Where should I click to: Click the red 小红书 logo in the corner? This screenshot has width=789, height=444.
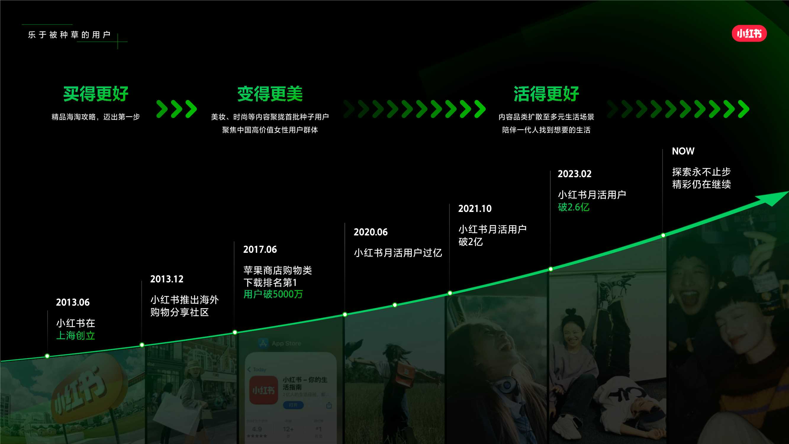pos(749,33)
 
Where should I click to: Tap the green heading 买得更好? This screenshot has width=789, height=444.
pos(96,94)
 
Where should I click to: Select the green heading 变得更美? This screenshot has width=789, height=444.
pos(270,94)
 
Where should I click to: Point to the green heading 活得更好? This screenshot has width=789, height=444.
pos(546,94)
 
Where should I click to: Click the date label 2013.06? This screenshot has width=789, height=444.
pos(73,303)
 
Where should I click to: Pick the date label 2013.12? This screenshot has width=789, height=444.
pos(167,279)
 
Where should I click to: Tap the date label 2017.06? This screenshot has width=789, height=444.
pos(260,250)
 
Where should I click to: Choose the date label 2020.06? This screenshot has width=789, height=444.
pos(371,232)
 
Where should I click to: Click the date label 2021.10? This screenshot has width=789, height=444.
pos(475,209)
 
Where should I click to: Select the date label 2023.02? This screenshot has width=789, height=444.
pos(575,174)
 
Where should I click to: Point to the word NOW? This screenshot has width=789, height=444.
pos(683,151)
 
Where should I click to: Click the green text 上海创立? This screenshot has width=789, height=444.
pos(76,336)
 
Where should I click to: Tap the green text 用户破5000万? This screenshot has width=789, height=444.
pos(273,294)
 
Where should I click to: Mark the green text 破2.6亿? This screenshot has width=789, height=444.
pos(573,207)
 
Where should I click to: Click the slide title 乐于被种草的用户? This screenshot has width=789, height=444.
pos(69,35)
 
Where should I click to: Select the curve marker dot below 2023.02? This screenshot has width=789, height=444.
pos(551,269)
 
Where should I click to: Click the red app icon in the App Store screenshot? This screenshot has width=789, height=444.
pos(263,390)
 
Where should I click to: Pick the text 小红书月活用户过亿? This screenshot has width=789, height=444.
pos(398,253)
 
